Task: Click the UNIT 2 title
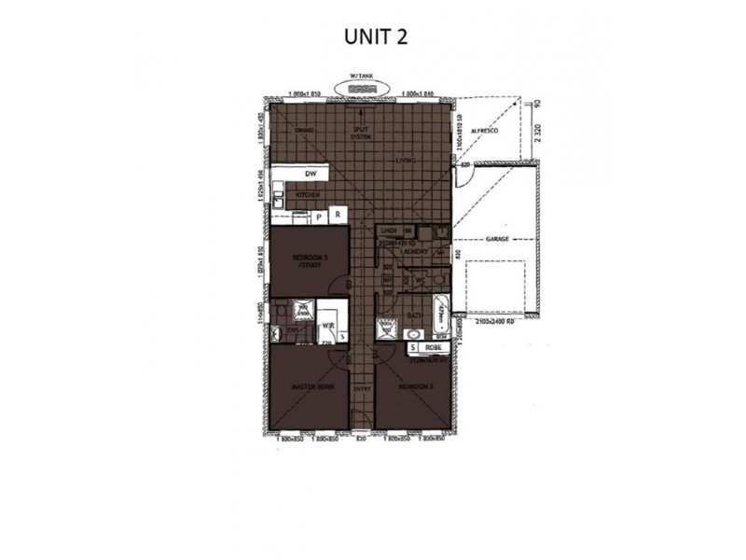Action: click(372, 35)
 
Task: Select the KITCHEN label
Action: click(309, 194)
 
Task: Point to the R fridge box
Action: click(338, 215)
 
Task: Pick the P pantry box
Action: click(319, 215)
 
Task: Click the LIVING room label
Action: click(405, 161)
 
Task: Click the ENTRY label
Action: click(364, 388)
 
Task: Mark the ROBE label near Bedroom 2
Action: click(432, 347)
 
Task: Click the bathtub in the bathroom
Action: click(440, 309)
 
